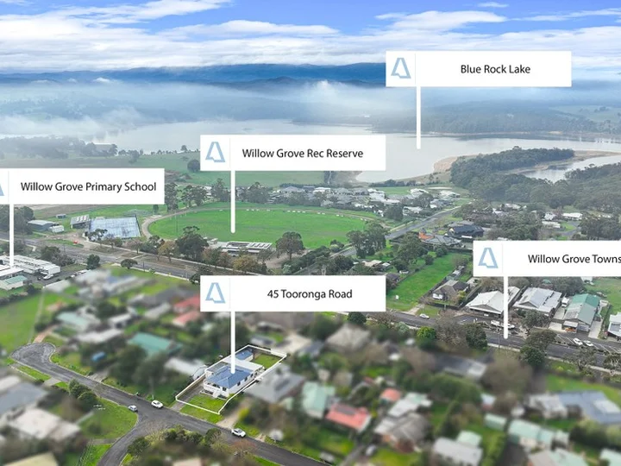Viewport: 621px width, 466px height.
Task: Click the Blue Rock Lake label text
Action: [x=495, y=69]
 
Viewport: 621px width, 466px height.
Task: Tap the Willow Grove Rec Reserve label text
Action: [x=303, y=154]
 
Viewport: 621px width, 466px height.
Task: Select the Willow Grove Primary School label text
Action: [x=88, y=186]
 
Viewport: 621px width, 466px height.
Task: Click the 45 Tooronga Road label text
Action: [x=310, y=294]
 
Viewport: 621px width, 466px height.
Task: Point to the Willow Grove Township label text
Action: [x=574, y=259]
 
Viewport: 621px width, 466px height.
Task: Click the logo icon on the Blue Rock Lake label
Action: [x=401, y=68]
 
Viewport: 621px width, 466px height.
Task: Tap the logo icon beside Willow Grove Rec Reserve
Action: [x=215, y=152]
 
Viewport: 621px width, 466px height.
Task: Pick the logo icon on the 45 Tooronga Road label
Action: [x=215, y=293]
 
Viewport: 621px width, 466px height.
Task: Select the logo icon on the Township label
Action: [x=488, y=258]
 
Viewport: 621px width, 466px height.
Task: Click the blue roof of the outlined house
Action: [x=229, y=377]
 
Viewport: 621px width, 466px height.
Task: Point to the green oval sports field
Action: [x=257, y=226]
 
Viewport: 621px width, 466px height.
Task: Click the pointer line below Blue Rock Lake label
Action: [x=418, y=117]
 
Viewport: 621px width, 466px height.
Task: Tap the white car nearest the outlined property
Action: [x=157, y=404]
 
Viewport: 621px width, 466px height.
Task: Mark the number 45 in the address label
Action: [x=273, y=294]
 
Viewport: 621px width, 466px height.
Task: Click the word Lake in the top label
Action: [x=519, y=69]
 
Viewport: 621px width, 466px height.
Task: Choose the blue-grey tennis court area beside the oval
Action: [x=115, y=228]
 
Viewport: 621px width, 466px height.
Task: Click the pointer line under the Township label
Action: [x=505, y=307]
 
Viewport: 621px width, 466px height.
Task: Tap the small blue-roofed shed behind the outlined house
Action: [x=244, y=355]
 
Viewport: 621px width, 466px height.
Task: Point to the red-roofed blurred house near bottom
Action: [x=348, y=417]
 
